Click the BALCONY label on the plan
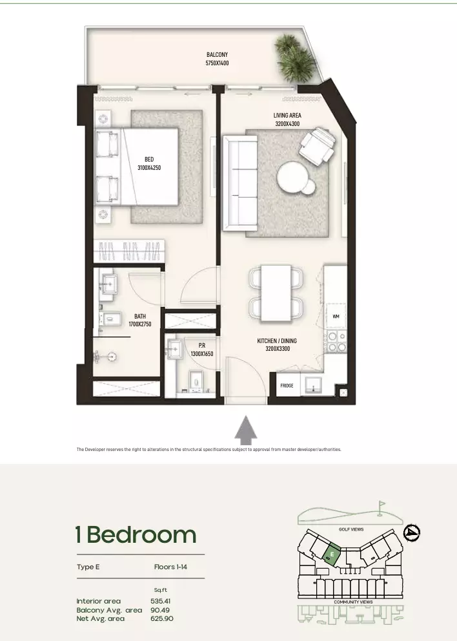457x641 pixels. (217, 54)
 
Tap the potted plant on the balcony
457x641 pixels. (295, 58)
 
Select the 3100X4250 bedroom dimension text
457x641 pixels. (149, 167)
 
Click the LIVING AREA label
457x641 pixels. (287, 115)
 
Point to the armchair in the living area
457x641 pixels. (318, 146)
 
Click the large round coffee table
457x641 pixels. (292, 176)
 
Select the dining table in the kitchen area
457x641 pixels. (276, 293)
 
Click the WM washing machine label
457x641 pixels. (336, 317)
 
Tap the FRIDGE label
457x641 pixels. (287, 386)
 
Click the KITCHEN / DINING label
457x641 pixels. (277, 341)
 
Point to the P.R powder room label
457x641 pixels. (202, 346)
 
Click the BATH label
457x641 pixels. (139, 316)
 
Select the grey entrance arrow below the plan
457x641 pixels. (246, 430)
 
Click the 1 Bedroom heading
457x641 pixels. (136, 535)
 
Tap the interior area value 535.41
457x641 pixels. (161, 601)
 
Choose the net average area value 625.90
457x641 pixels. (162, 618)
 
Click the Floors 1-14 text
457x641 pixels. (170, 567)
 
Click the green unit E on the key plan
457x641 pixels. (331, 555)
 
